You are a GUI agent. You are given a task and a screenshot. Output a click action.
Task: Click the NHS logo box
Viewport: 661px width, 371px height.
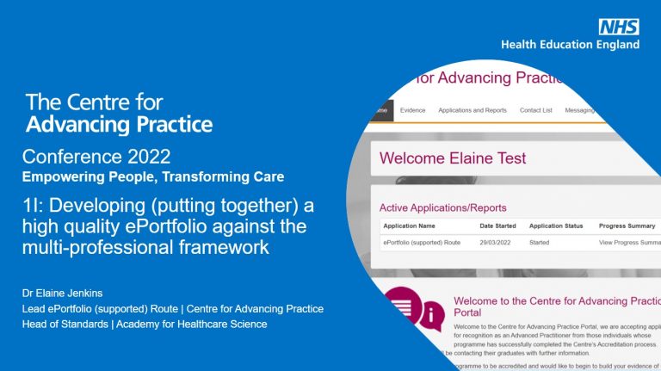[x=619, y=27]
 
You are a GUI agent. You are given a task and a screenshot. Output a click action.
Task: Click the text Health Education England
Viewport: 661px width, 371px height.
[x=571, y=45]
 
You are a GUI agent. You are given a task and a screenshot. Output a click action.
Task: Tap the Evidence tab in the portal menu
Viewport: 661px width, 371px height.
[x=413, y=110]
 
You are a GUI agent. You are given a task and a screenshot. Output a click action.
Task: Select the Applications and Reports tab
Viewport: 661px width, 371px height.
[x=472, y=110]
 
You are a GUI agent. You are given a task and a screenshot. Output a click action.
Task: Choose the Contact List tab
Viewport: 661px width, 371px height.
[x=536, y=110]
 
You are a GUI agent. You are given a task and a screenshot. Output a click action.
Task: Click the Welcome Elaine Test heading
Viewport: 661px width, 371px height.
[x=453, y=158]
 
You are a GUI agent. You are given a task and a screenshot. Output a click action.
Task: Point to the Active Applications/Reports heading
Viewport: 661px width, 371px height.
[x=442, y=207]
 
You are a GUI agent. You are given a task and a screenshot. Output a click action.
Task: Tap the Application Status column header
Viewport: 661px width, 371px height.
[x=556, y=226]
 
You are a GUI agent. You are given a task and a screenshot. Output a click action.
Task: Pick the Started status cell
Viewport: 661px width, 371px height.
[x=539, y=243]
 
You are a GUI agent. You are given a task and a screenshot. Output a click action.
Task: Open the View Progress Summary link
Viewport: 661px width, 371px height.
[x=629, y=243]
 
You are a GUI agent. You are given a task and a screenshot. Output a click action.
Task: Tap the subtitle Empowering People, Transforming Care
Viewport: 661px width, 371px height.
[x=153, y=176]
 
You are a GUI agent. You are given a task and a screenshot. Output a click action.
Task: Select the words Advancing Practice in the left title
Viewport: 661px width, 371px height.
[x=119, y=125]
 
